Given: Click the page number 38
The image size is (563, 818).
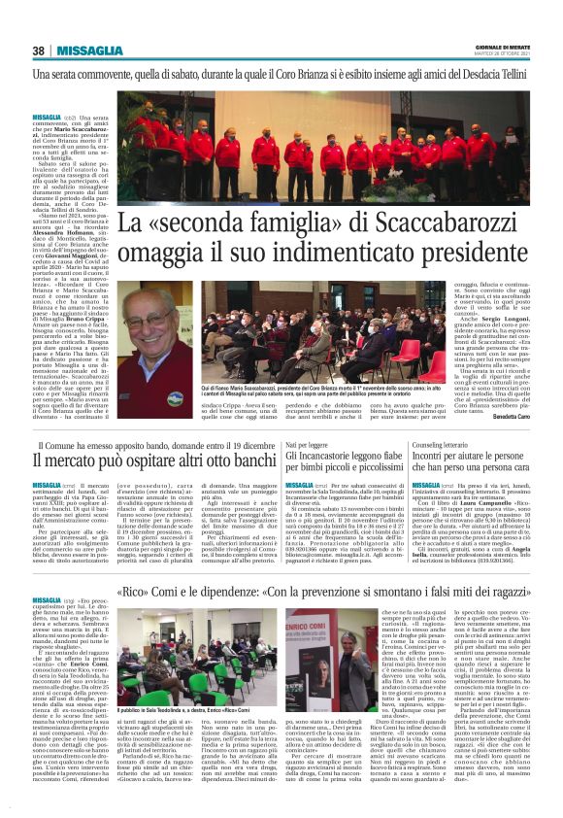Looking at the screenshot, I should point(38,51).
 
